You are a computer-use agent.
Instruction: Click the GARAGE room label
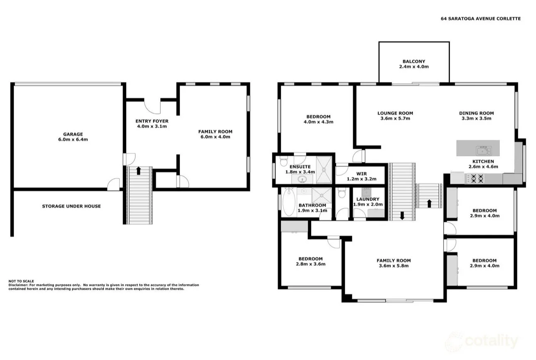73,134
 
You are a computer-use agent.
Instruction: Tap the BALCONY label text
413,61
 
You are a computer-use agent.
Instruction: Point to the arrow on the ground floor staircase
138,170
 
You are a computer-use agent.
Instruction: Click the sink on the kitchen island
483,148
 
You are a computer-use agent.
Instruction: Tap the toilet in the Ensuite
284,160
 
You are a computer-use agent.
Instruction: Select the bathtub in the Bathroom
288,202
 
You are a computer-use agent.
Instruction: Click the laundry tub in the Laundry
366,192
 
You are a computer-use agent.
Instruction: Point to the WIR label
361,174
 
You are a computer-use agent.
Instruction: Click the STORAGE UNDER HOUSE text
71,206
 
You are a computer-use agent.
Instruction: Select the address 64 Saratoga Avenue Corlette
480,19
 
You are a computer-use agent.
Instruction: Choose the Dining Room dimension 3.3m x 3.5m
476,118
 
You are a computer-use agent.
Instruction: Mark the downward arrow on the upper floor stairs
402,216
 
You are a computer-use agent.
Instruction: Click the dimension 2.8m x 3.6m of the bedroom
310,264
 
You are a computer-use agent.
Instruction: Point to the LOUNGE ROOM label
395,113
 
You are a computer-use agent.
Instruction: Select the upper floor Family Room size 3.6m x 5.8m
393,266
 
